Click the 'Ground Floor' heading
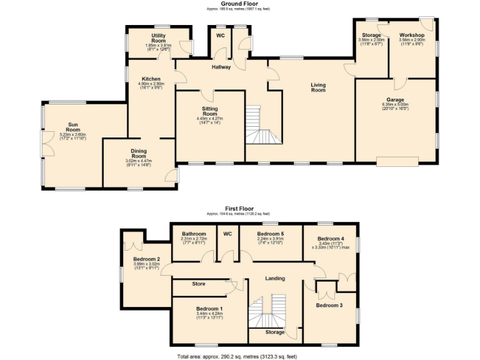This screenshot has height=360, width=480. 240,4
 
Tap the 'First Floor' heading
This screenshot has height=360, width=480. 240,208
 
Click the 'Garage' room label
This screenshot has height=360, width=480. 394,100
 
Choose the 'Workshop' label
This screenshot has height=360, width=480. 412,35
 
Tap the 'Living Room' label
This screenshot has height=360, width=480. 318,87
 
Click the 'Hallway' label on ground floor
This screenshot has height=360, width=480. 221,67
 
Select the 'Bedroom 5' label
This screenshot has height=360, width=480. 271,234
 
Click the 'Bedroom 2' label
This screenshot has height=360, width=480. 147,259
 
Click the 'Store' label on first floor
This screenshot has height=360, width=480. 198,284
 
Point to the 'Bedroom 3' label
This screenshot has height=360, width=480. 329,306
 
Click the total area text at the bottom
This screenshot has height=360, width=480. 240,356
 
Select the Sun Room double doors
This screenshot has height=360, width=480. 44,142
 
